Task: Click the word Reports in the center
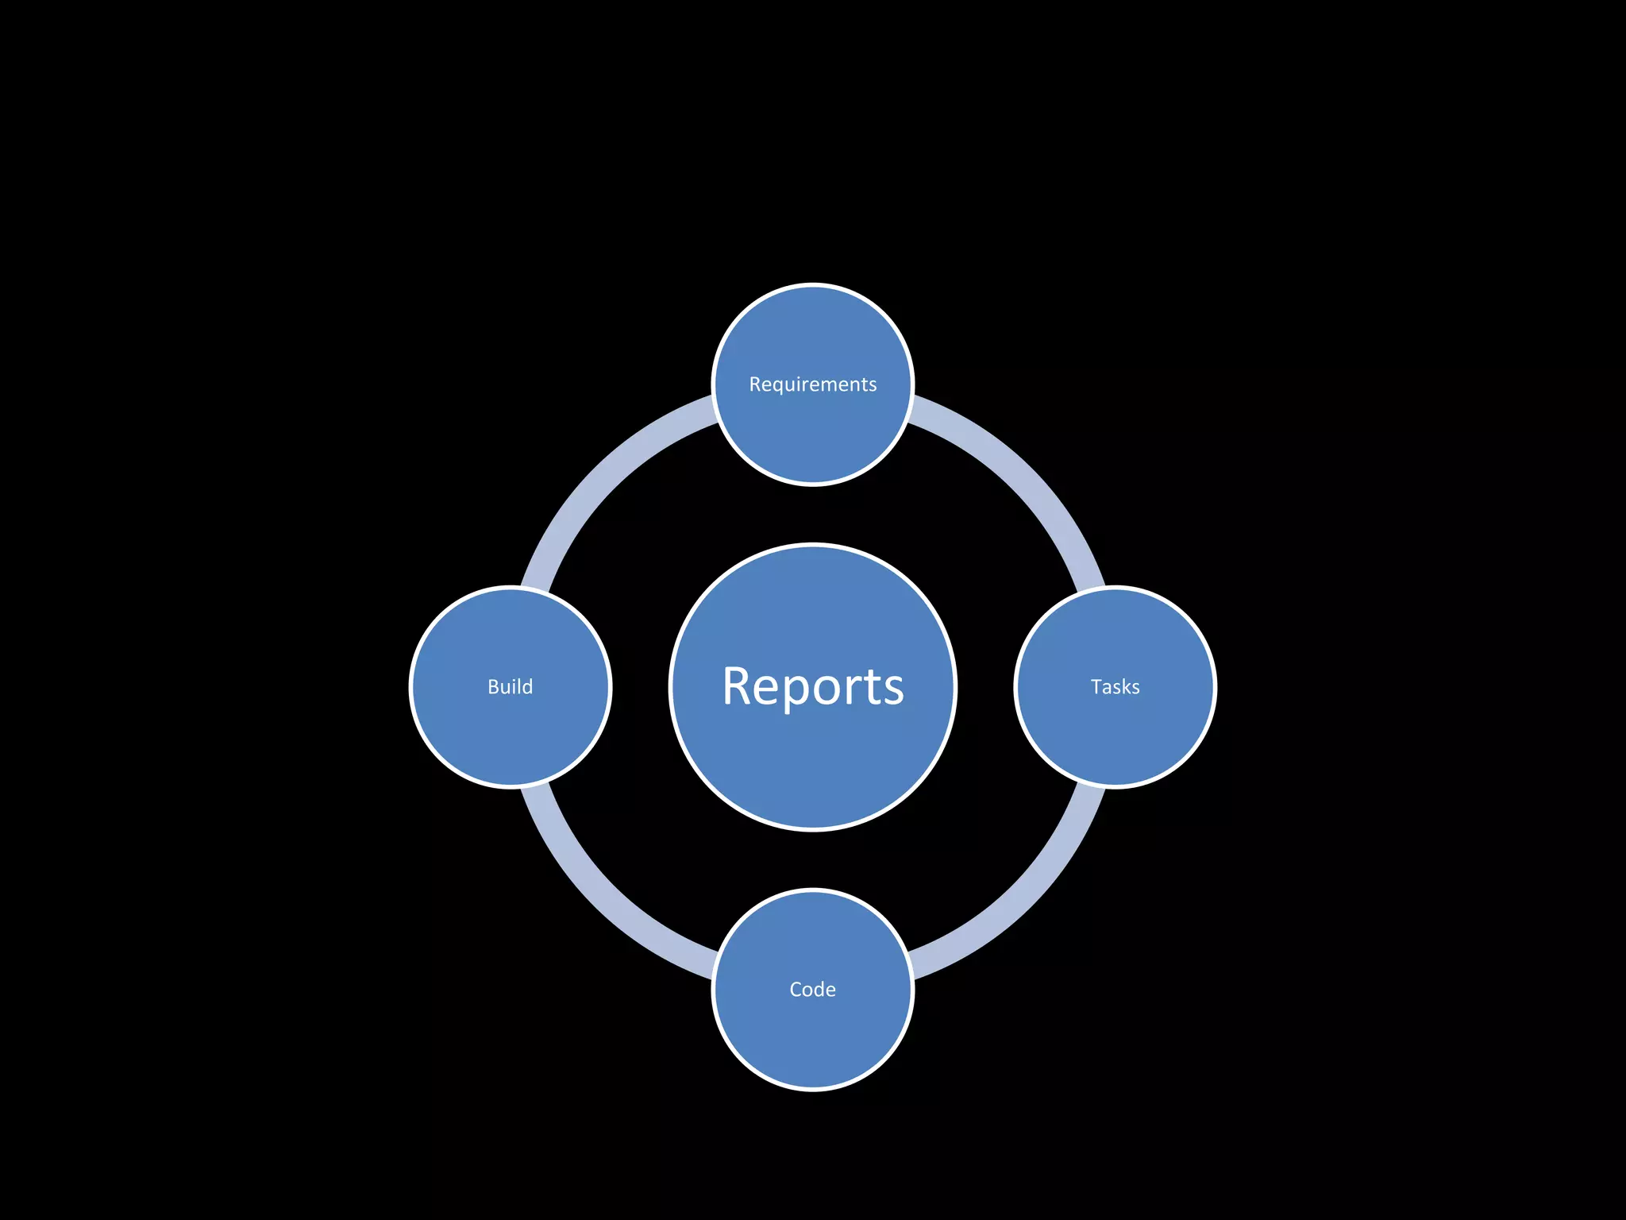coord(812,686)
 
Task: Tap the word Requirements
coord(812,384)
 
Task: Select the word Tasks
coord(1115,687)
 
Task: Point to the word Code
coord(812,990)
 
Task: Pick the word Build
coord(510,687)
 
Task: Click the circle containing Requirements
coord(812,437)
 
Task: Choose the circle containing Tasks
coord(1115,739)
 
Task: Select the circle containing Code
coord(812,1040)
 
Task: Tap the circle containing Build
coord(510,739)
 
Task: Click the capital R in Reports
coord(736,686)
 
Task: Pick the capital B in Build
coord(493,687)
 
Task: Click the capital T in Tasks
coord(1097,687)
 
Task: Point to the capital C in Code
coord(796,990)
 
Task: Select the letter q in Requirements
coord(780,387)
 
